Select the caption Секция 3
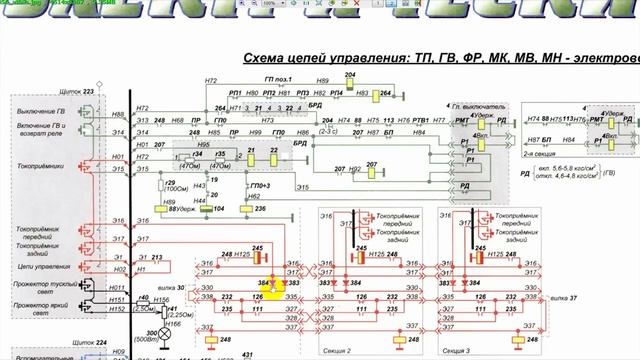point(456,351)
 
